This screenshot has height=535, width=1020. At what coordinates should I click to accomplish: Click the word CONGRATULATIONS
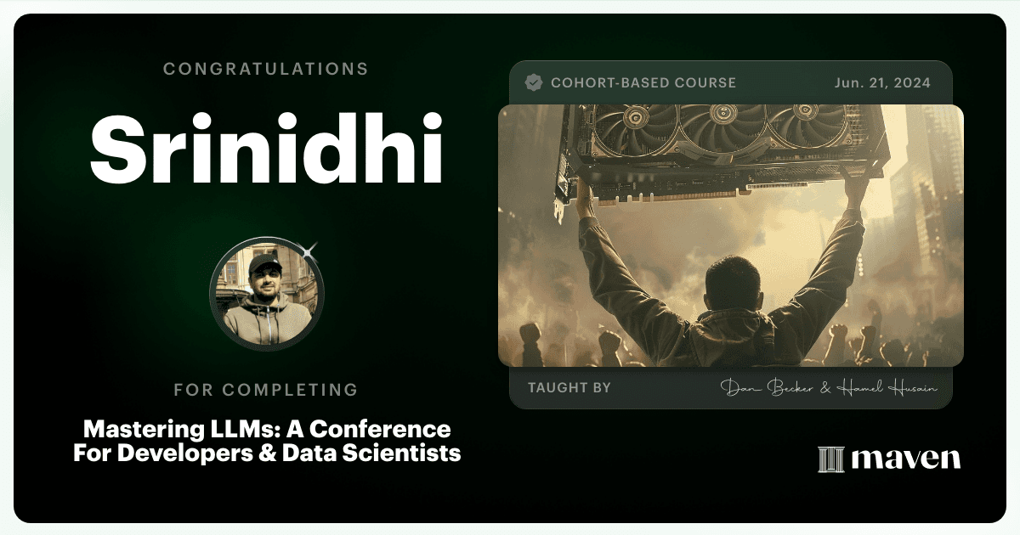coord(265,69)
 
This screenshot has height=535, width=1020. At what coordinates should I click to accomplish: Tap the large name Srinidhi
coord(267,149)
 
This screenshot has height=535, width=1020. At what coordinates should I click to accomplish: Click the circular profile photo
coord(266,294)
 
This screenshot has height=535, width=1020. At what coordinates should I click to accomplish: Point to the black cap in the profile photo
coord(264,264)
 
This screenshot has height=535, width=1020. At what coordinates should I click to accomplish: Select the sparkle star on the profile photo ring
coord(309,251)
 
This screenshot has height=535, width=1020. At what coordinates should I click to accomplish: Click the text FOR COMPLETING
coord(266,390)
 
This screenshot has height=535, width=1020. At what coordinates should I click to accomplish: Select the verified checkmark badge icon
coord(533,82)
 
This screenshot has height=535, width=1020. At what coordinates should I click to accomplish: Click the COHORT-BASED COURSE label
coord(643,83)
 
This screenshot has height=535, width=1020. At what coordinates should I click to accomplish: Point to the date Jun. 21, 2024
coord(882,83)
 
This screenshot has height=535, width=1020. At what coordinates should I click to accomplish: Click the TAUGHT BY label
coord(569,387)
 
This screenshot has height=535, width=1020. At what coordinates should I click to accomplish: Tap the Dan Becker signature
coord(767,387)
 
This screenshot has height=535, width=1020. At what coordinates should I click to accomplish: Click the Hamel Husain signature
coord(887,388)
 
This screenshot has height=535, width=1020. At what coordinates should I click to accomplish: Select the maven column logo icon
coord(831,459)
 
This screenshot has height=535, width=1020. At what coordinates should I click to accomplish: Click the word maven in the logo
coord(906,459)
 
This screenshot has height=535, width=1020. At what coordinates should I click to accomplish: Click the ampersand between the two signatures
coord(825,388)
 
